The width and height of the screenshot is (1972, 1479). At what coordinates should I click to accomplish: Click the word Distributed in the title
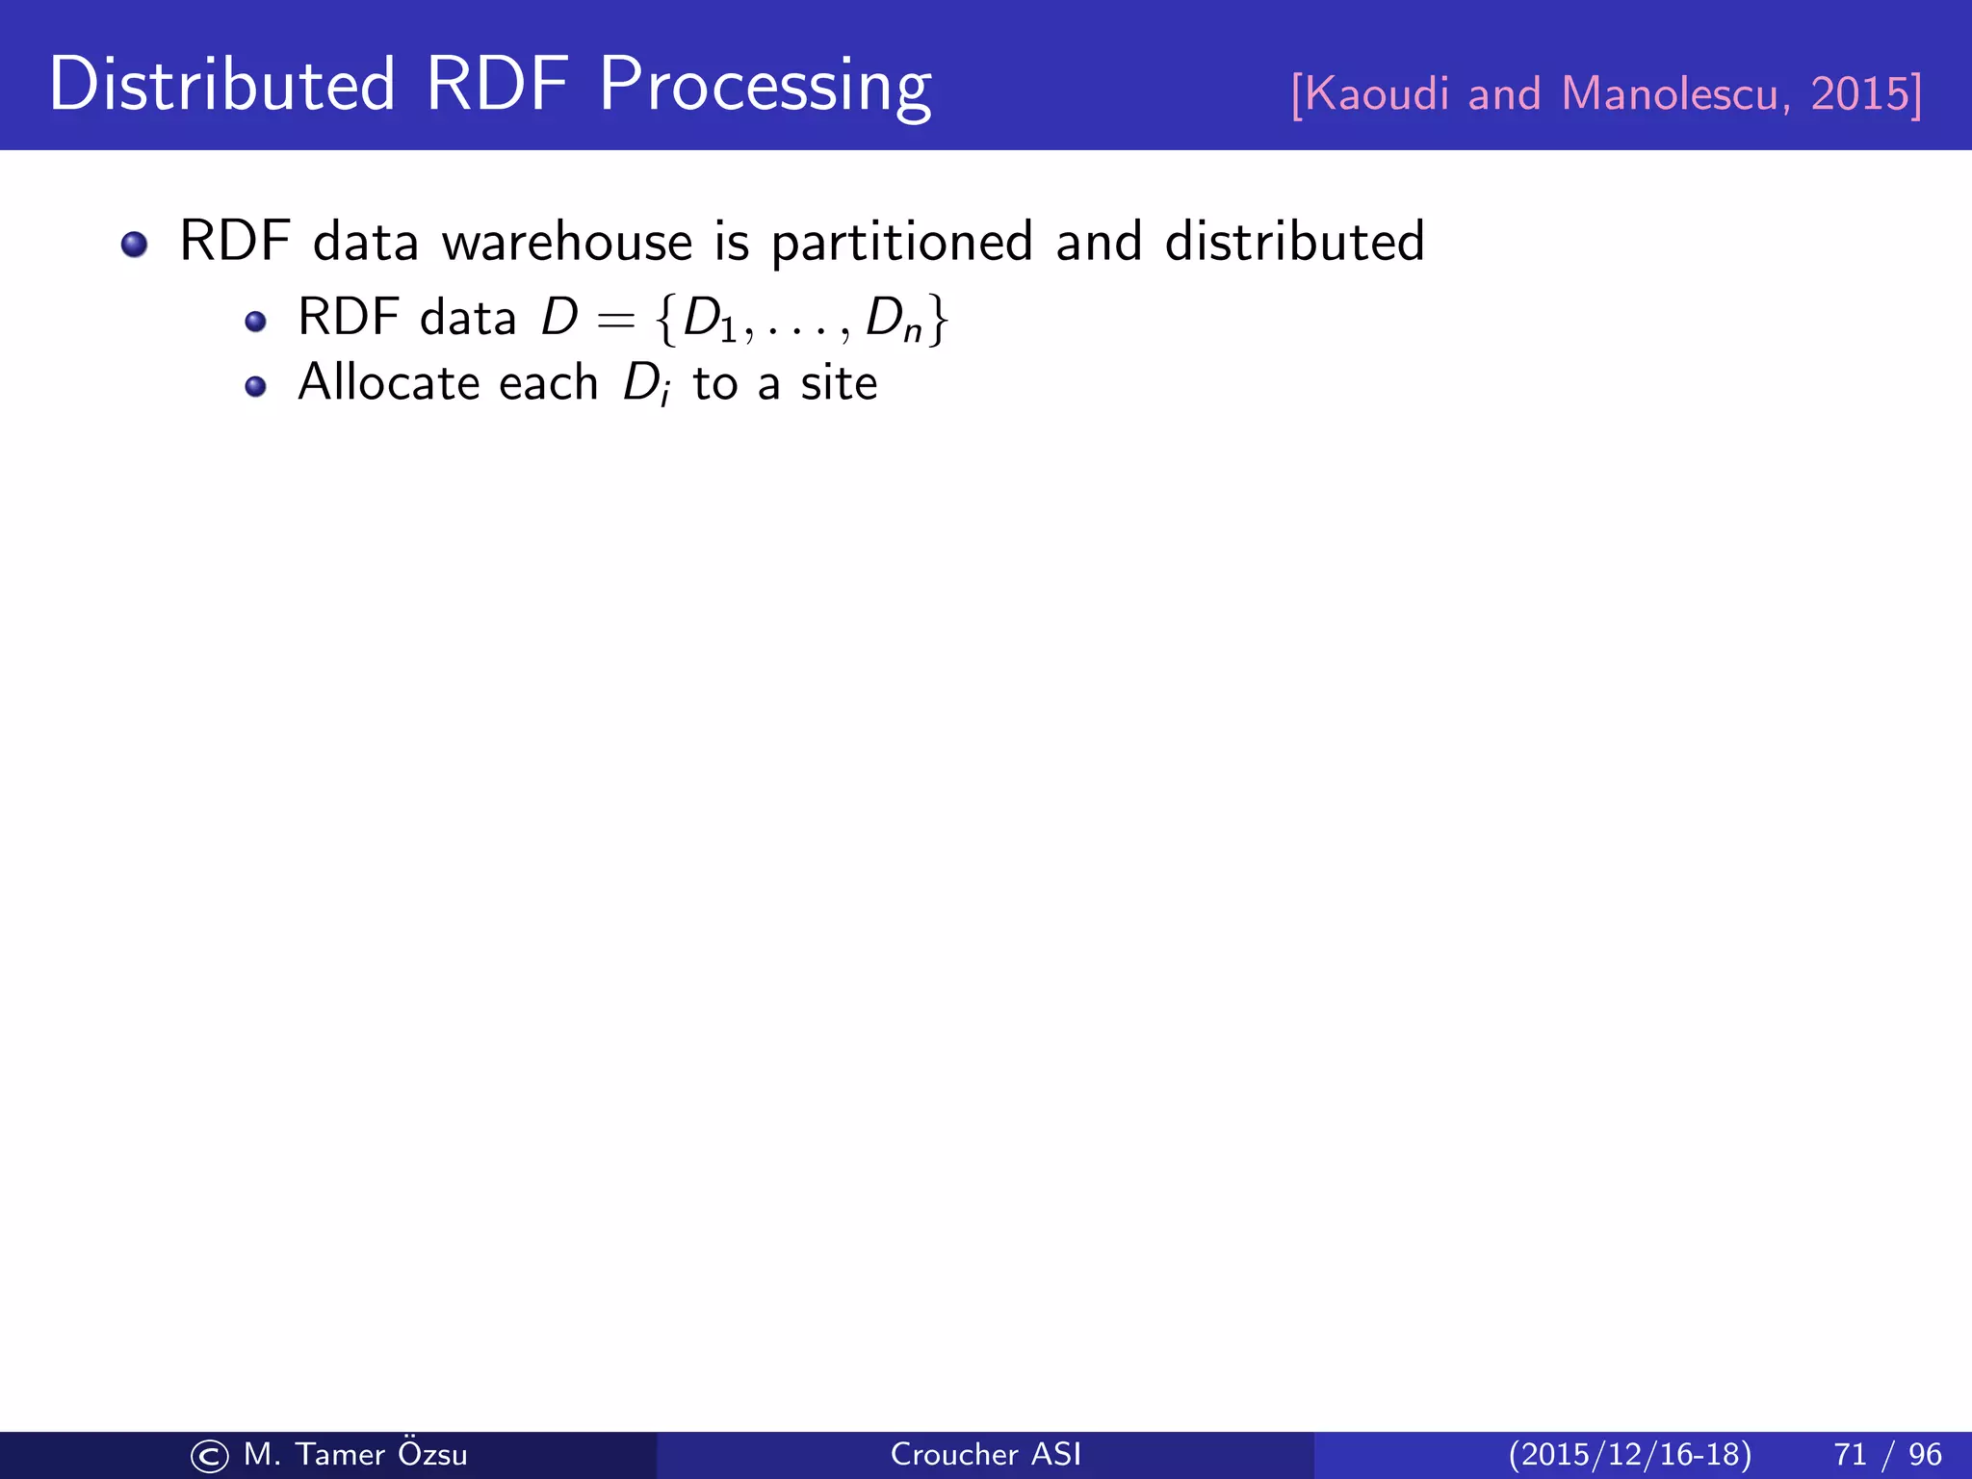221,85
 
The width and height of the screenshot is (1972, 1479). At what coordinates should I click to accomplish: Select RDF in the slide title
497,85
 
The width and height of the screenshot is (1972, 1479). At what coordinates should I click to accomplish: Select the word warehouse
567,242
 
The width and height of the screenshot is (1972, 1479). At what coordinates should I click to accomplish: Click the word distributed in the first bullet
1294,242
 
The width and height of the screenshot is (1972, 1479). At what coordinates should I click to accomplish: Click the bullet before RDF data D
255,322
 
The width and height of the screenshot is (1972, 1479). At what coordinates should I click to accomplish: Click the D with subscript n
892,319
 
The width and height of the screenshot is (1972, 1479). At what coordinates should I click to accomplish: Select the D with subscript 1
708,319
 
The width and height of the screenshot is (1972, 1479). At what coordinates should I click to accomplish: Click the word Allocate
395,383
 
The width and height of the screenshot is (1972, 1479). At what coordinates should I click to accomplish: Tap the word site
839,383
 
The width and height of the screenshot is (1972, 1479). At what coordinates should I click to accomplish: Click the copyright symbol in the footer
209,1456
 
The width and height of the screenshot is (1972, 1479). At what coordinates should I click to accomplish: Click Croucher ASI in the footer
986,1454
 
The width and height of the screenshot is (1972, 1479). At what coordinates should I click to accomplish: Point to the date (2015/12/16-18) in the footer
1630,1454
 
